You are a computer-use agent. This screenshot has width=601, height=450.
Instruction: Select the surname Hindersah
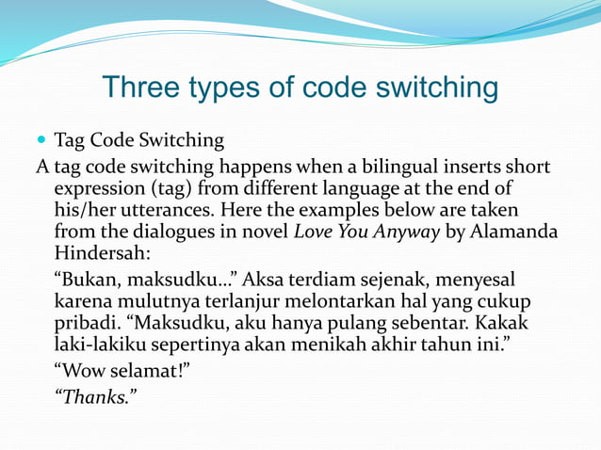(99, 252)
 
